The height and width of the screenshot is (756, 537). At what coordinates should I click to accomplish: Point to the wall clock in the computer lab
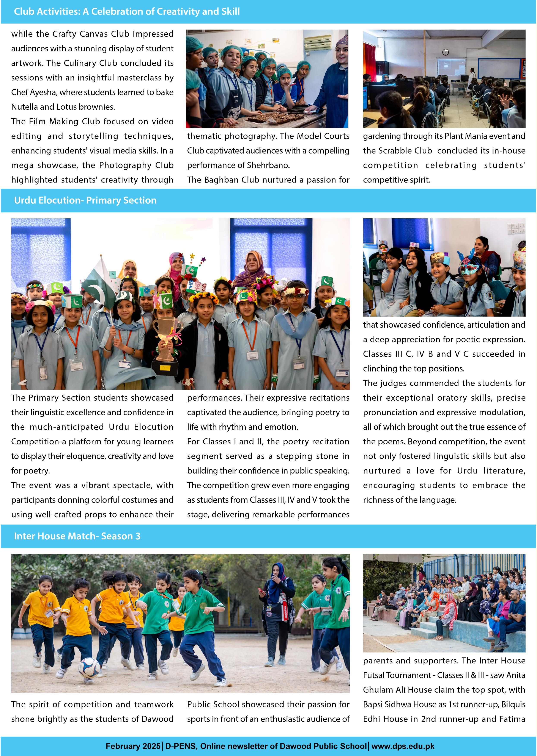pos(445,52)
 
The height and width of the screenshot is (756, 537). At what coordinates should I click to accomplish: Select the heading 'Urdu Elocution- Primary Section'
pos(85,200)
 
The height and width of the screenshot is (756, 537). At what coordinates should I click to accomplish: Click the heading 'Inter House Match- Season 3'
pos(77,536)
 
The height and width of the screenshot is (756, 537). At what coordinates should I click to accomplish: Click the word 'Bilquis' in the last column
pos(513,704)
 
